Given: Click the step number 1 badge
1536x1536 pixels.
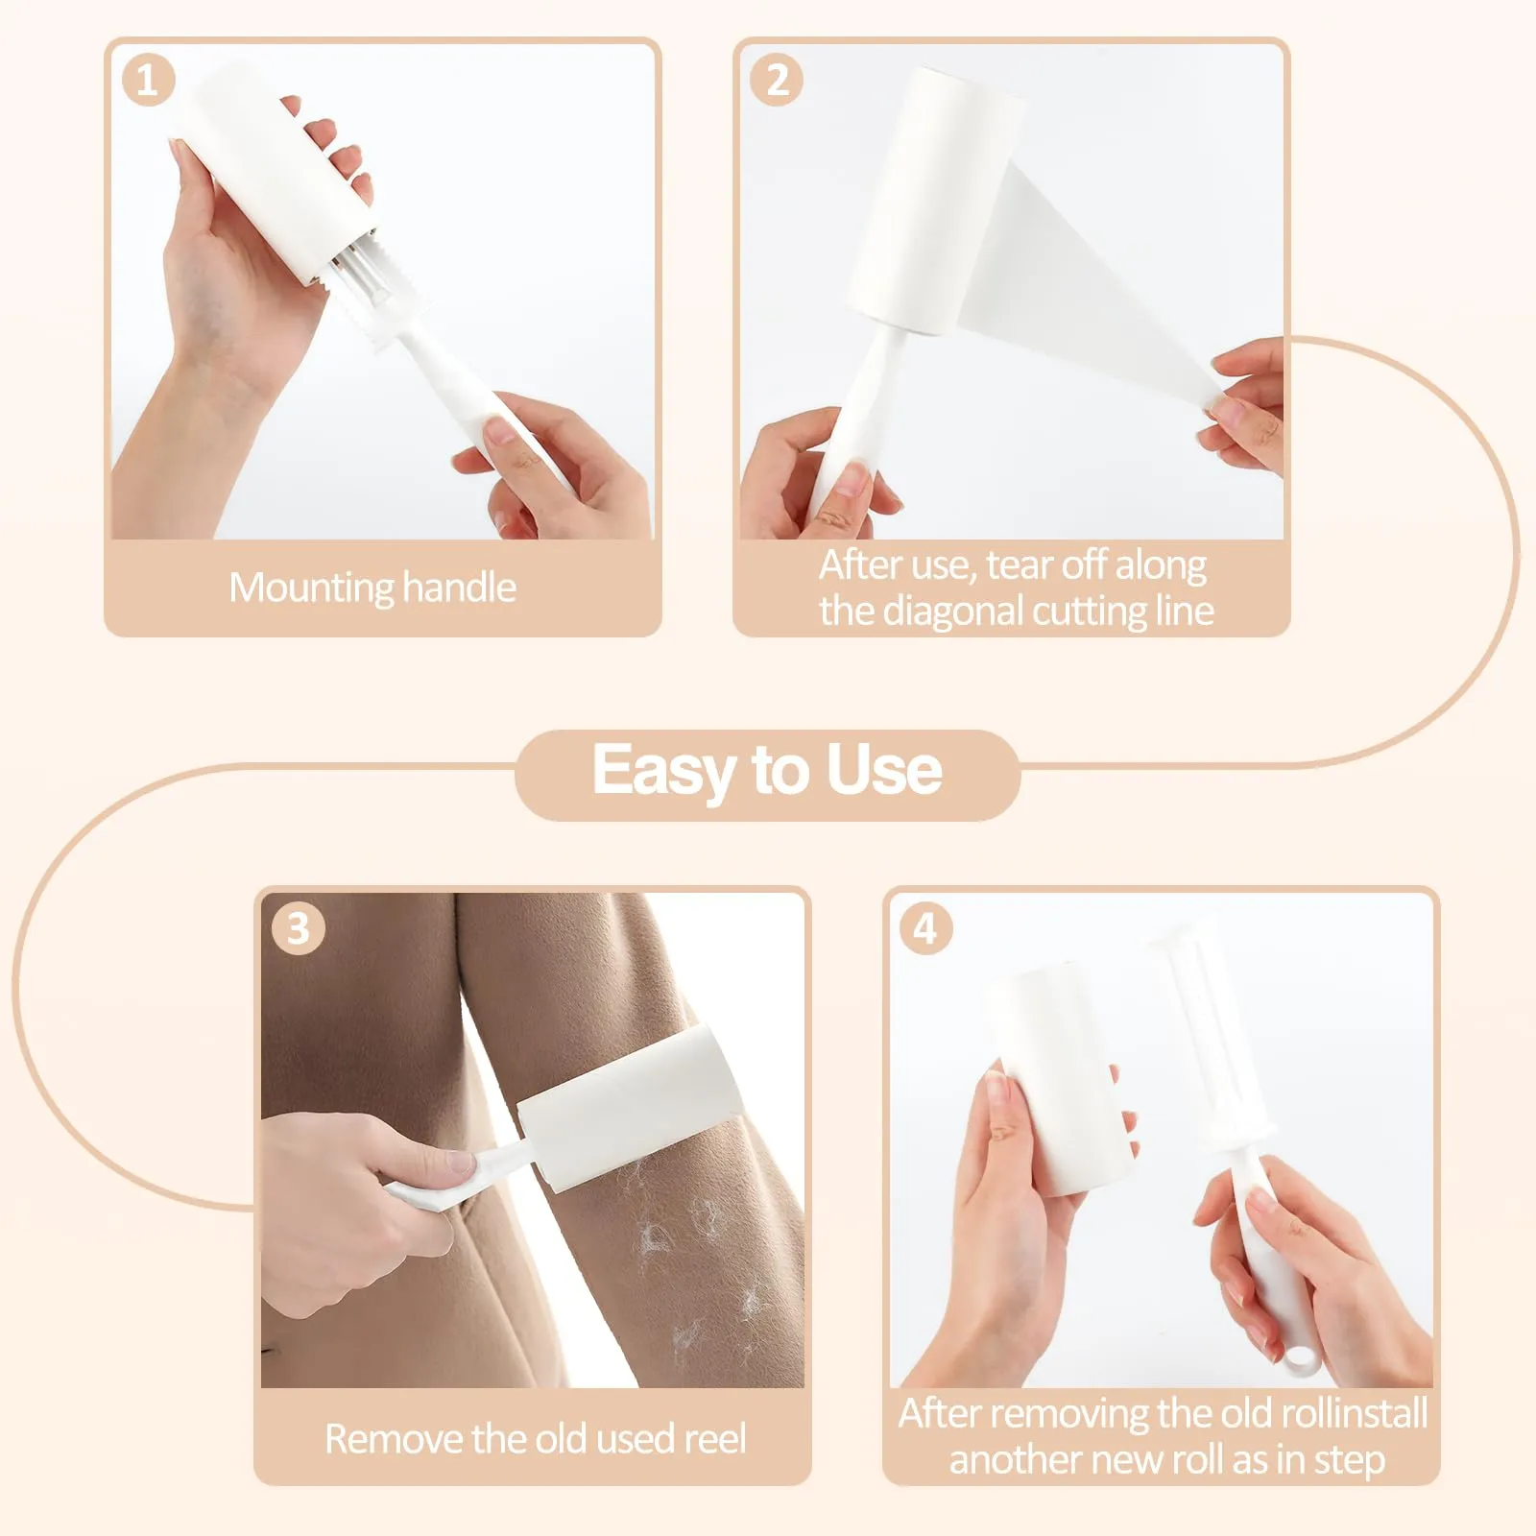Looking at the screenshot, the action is point(149,80).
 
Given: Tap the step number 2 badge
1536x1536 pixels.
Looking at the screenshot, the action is point(777,80).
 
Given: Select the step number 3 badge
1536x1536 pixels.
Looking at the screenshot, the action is point(299,928).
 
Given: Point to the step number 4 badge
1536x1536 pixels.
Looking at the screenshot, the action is point(926,928).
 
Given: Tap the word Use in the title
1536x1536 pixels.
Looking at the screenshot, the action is point(884,770).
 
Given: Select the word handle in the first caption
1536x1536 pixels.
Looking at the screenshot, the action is point(459,587).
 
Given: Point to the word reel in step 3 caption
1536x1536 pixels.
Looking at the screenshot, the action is point(711,1438).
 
